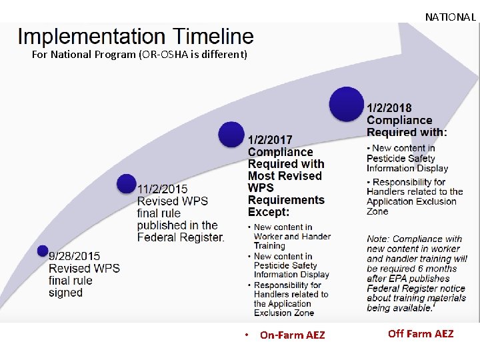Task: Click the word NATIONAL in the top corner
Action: (x=450, y=17)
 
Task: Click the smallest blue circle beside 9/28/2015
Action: (x=43, y=251)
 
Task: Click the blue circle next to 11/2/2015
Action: (x=127, y=183)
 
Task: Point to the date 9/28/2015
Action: (x=74, y=256)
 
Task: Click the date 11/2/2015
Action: (x=163, y=189)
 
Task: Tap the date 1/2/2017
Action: (x=271, y=140)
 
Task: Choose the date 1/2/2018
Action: (x=389, y=108)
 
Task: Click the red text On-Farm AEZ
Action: (x=293, y=335)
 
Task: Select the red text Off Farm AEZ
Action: (x=421, y=333)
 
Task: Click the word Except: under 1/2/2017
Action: (x=269, y=212)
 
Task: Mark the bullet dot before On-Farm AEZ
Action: (x=246, y=335)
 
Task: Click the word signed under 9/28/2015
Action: (x=65, y=293)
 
